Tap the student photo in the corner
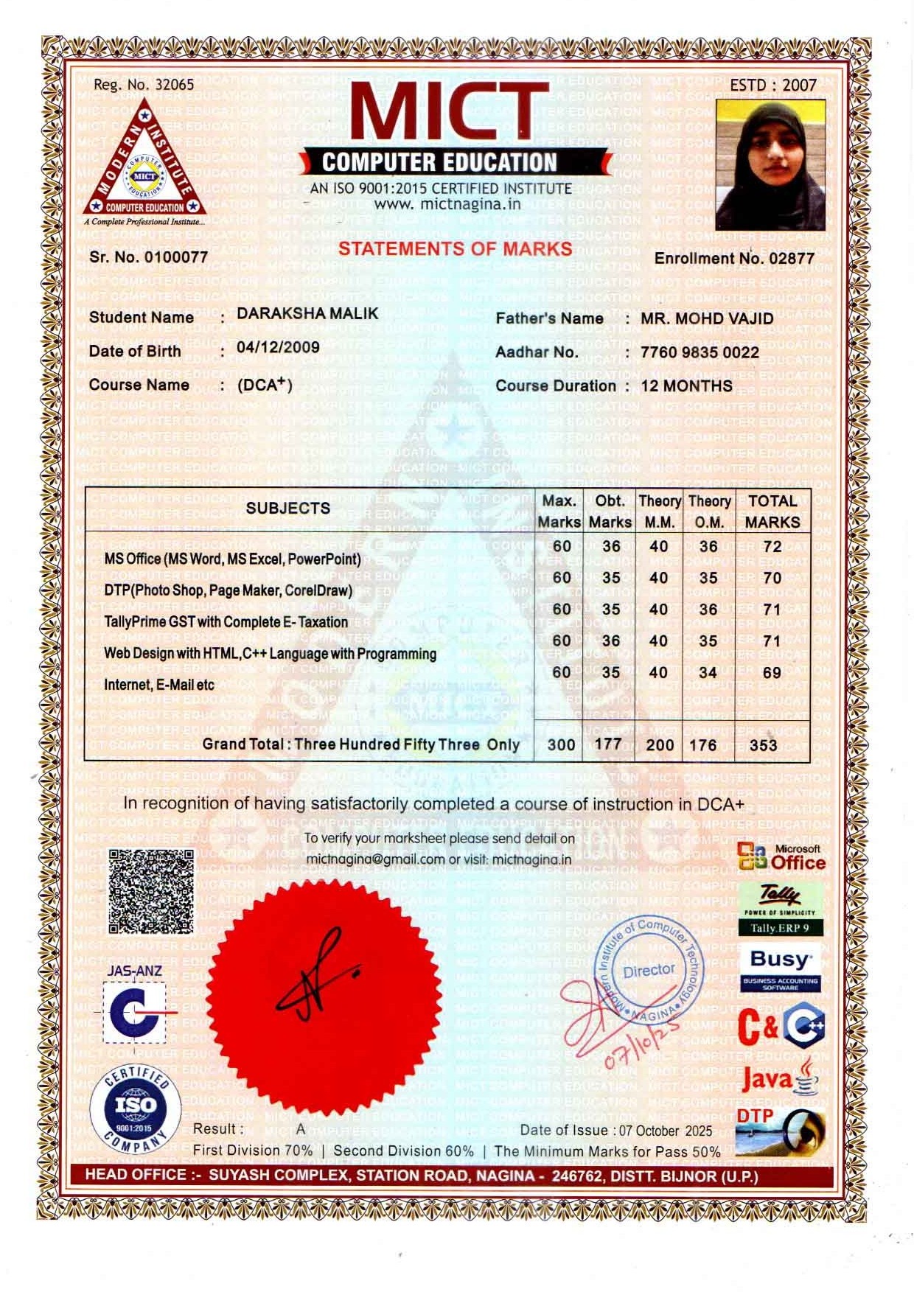point(770,165)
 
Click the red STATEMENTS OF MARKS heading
point(455,248)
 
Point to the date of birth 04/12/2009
point(278,347)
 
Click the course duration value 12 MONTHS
point(686,386)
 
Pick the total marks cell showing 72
point(772,547)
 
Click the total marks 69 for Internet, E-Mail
point(772,672)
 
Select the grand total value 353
point(763,744)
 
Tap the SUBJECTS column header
point(287,508)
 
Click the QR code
point(151,891)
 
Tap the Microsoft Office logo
point(781,858)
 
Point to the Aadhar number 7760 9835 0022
point(700,352)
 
